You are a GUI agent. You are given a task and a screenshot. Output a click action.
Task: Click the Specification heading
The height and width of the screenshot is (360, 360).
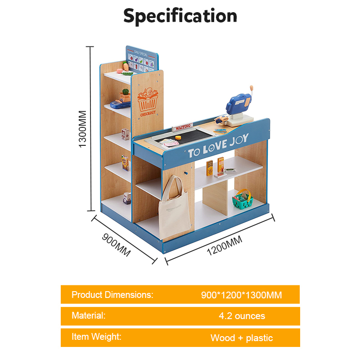pos(180,16)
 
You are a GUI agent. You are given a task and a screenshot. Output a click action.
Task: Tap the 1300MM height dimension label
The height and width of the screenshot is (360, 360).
pos(83,129)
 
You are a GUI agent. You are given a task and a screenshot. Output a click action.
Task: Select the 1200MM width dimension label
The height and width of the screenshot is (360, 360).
pos(224,246)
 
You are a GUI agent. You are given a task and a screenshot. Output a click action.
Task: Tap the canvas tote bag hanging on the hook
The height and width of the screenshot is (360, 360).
pos(173,209)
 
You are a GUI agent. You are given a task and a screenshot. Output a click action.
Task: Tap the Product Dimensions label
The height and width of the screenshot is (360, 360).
pos(112,295)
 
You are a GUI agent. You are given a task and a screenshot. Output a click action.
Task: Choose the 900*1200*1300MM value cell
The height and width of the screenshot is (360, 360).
pos(241,295)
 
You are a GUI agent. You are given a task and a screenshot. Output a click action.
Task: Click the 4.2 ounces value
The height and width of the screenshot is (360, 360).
pos(242,316)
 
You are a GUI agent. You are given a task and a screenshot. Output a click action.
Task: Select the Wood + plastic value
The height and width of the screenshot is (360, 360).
pos(242,337)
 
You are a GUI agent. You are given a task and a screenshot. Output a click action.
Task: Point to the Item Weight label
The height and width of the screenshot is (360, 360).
pos(96,336)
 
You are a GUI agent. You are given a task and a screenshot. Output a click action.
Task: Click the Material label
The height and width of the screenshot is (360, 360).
pos(89,315)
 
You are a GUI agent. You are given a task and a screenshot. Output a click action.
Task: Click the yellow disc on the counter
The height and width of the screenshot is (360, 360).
pos(178,138)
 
